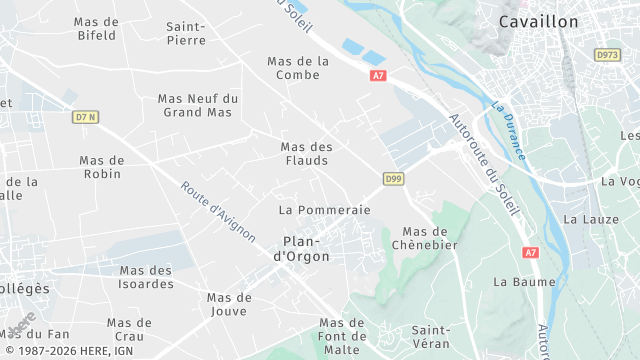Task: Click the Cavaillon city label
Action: click(x=539, y=22)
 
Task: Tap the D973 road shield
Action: click(x=607, y=55)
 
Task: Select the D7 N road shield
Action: click(x=86, y=117)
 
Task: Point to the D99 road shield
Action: click(x=393, y=179)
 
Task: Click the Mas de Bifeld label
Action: click(x=97, y=28)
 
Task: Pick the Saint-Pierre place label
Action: click(x=186, y=33)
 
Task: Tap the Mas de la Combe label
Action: click(x=298, y=68)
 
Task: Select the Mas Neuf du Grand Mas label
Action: click(x=198, y=105)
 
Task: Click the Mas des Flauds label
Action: click(x=306, y=153)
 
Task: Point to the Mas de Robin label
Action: click(x=101, y=167)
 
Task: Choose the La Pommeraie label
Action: click(x=325, y=210)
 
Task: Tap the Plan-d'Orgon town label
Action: click(x=301, y=249)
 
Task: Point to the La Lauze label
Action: click(x=586, y=218)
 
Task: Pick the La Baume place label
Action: click(x=516, y=282)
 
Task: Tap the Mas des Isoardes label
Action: click(x=146, y=277)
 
